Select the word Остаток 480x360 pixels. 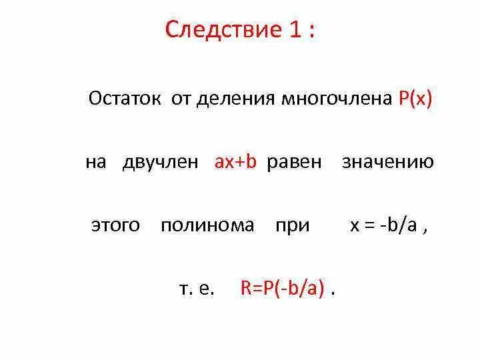click(x=125, y=99)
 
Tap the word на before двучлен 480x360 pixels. click(x=96, y=163)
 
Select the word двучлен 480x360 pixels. click(x=160, y=163)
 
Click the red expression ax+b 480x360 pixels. click(x=235, y=162)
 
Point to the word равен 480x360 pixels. click(x=294, y=163)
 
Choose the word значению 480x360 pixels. click(x=388, y=163)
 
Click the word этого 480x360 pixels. click(x=115, y=225)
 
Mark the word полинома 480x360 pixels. click(x=207, y=225)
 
